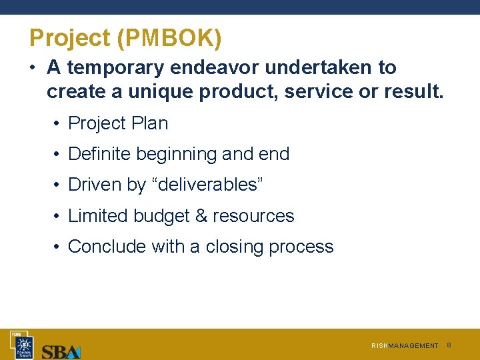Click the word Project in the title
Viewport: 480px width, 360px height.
pyautogui.click(x=70, y=39)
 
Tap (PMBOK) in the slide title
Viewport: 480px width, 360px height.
pyautogui.click(x=169, y=39)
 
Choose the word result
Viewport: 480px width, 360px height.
pyautogui.click(x=413, y=92)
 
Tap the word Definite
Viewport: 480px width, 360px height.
pyautogui.click(x=99, y=154)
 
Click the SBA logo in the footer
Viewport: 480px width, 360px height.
pyautogui.click(x=61, y=351)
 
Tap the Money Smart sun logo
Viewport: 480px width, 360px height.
pyautogui.click(x=24, y=344)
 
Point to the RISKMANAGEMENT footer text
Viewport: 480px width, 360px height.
pyautogui.click(x=405, y=346)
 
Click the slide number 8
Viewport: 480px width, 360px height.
pyautogui.click(x=449, y=345)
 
